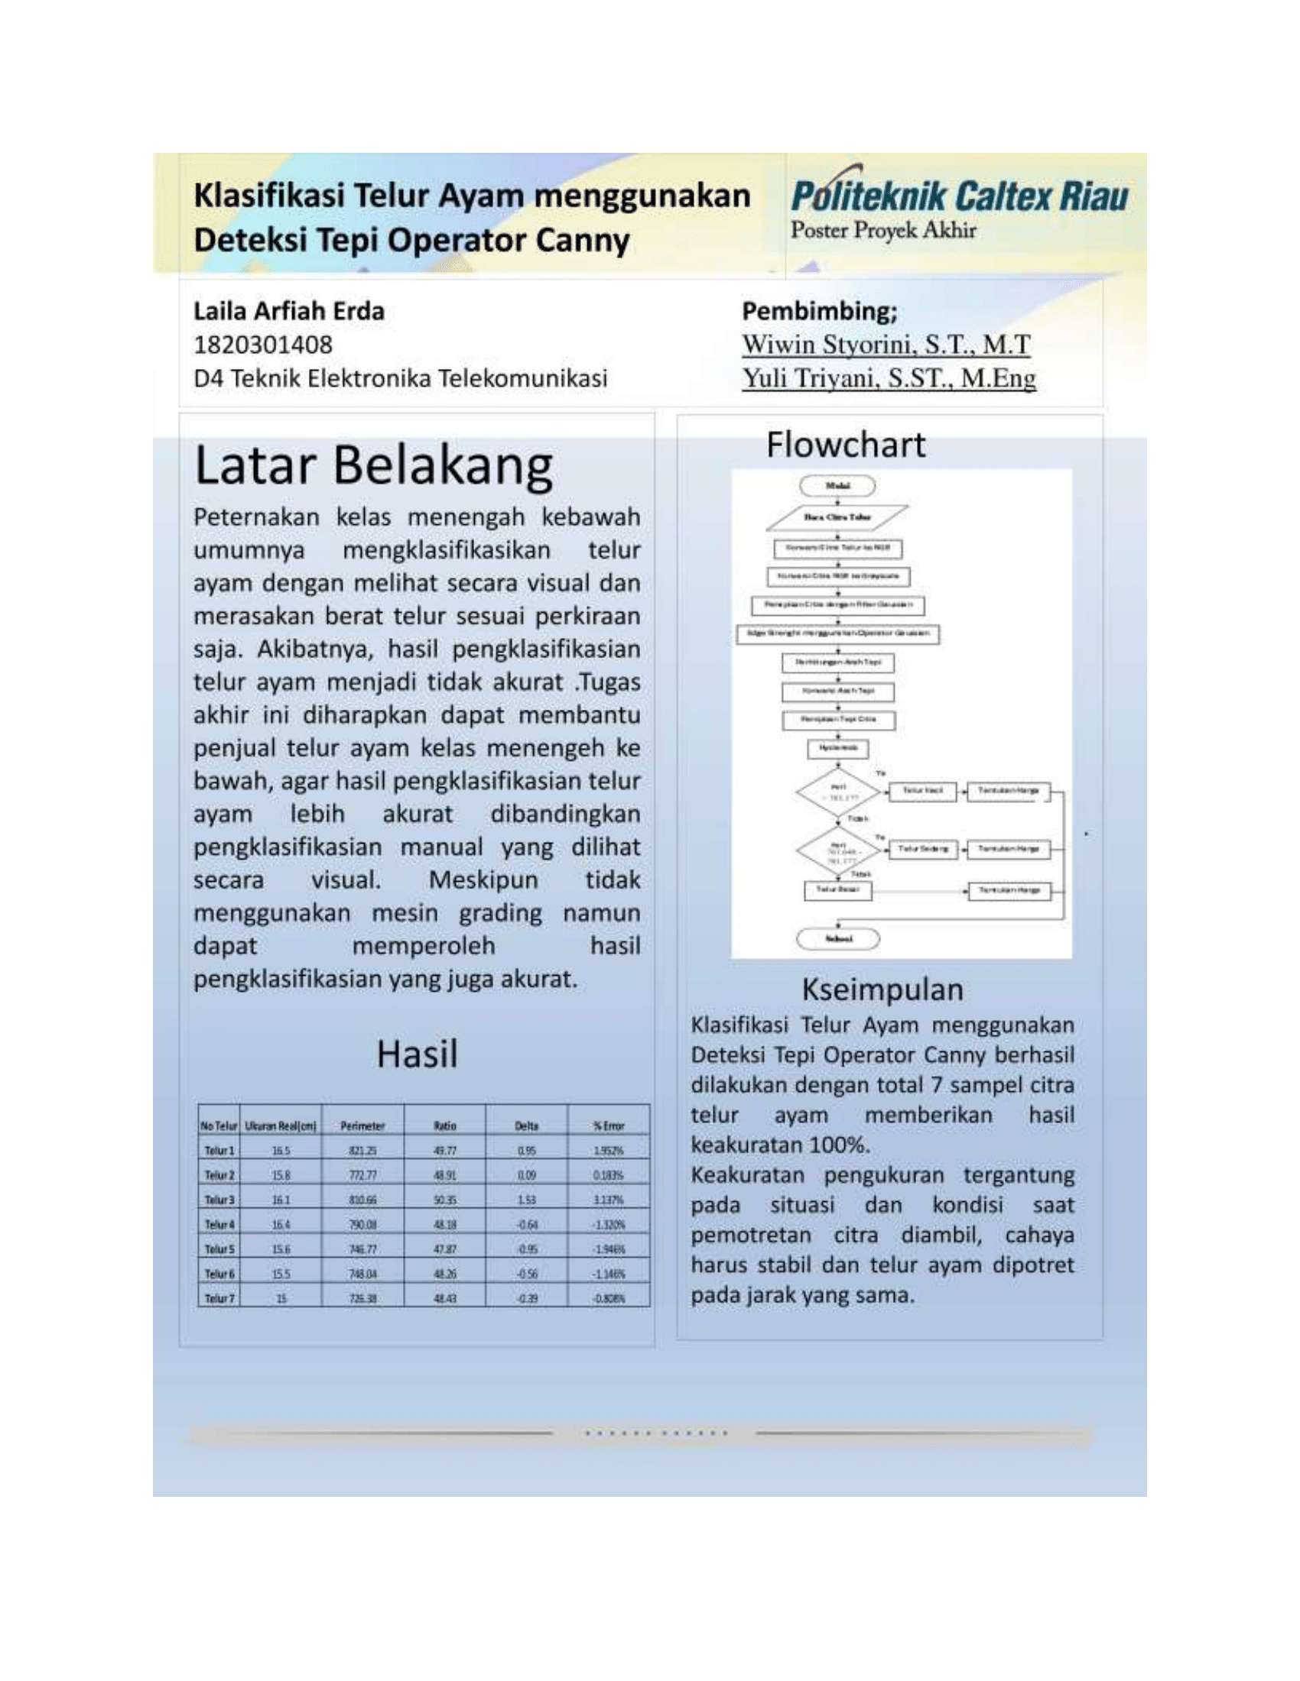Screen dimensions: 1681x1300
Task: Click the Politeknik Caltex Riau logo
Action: point(959,196)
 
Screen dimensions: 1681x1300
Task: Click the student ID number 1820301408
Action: point(262,344)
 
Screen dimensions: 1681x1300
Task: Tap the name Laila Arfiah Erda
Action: point(289,311)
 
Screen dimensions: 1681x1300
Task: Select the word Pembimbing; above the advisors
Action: point(820,311)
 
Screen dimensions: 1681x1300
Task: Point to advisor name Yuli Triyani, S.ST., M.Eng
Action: point(889,378)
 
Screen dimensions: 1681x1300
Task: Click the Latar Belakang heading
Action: point(373,466)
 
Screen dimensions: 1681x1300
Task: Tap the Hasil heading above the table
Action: point(417,1054)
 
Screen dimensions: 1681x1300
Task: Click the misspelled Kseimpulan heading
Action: point(882,989)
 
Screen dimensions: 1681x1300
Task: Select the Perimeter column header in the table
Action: point(362,1126)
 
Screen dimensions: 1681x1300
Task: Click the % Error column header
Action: point(609,1126)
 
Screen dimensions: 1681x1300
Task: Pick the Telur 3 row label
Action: point(219,1200)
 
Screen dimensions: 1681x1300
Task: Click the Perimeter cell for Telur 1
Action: point(362,1151)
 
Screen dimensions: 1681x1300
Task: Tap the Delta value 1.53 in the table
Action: point(527,1200)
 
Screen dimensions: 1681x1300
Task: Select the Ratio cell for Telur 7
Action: point(445,1298)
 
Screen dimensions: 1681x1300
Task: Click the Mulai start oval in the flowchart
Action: point(837,486)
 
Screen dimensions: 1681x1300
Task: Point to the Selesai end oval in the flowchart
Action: point(838,938)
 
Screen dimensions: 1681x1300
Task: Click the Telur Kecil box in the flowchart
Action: point(923,791)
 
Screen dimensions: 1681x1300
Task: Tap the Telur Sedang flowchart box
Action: point(923,849)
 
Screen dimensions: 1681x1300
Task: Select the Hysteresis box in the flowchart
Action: point(838,748)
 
